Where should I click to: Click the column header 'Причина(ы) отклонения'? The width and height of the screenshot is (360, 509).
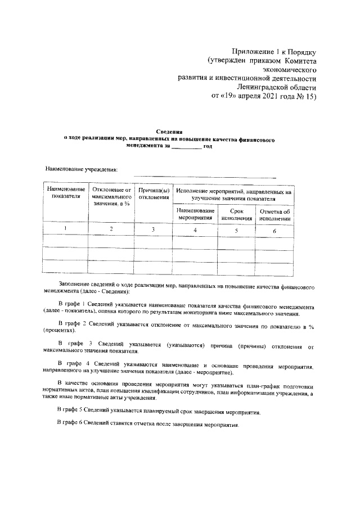(154, 192)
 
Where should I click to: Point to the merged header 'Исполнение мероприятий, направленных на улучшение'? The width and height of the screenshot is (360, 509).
(233, 195)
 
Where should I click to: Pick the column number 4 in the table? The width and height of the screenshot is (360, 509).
(195, 230)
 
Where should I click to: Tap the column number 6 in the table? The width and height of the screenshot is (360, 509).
(274, 230)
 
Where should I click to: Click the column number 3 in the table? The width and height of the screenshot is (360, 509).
(154, 229)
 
